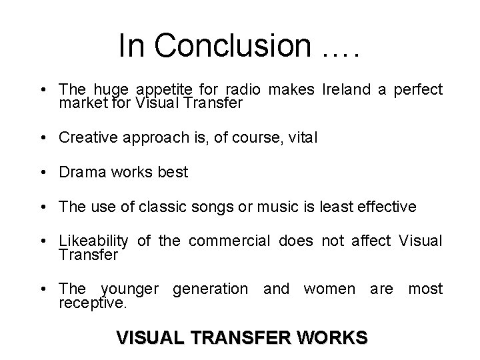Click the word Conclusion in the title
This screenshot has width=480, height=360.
(x=232, y=46)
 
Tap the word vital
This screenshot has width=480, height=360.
(x=302, y=137)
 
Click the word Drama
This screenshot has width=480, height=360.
(x=80, y=172)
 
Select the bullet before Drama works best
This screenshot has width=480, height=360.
(x=43, y=173)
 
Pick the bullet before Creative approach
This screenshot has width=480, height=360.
(x=43, y=138)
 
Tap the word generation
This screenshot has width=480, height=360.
(x=209, y=289)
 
